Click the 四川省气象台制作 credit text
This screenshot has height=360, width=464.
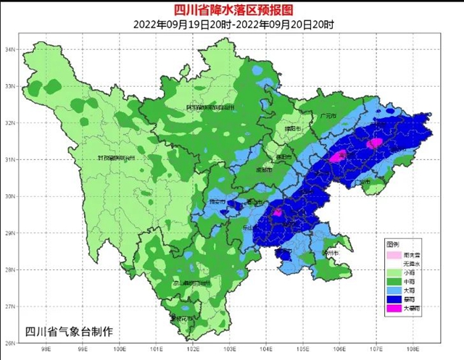69,332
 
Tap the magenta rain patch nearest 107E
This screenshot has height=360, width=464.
373,144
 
